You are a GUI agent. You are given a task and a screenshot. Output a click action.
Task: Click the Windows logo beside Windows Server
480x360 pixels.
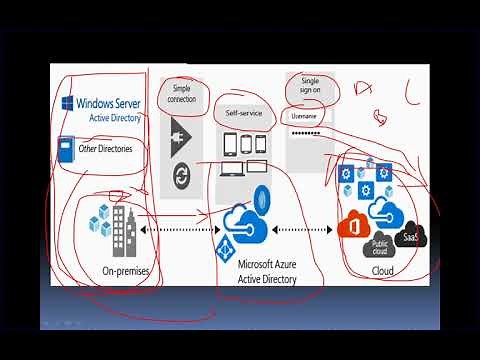coord(68,103)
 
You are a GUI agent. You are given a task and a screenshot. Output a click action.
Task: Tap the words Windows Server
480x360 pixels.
coord(109,102)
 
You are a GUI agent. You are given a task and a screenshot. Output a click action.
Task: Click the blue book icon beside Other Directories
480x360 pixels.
coord(67,148)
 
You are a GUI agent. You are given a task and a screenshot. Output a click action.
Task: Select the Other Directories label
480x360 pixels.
coord(105,149)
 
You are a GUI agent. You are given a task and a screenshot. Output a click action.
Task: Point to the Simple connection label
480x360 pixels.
coord(182,93)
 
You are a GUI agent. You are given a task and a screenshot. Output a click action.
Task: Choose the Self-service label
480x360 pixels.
coord(244,113)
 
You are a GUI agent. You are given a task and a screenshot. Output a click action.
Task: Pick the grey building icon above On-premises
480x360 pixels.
coord(122,228)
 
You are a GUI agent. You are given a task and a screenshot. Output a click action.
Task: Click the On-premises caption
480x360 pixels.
coord(126,271)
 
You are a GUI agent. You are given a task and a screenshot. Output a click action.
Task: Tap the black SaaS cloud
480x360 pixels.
coord(410,237)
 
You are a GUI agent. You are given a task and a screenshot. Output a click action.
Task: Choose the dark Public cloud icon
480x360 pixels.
coord(380,245)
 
